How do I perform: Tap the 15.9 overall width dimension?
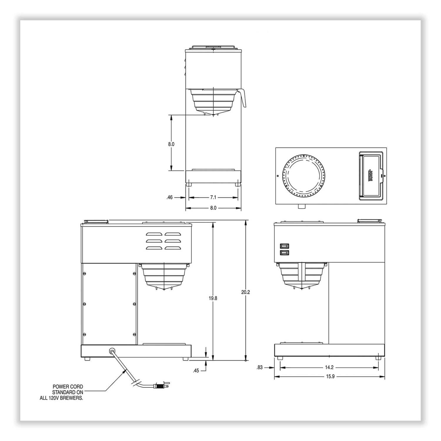click(x=330, y=376)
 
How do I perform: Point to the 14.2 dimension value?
click(x=330, y=367)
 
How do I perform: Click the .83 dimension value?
click(x=260, y=367)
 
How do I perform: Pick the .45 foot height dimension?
click(x=196, y=371)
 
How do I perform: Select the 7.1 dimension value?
click(x=213, y=198)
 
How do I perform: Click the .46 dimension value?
click(x=169, y=198)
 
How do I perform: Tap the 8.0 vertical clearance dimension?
click(x=171, y=144)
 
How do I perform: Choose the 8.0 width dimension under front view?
click(x=213, y=208)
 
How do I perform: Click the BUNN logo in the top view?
click(x=371, y=176)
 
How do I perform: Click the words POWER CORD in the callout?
click(x=68, y=387)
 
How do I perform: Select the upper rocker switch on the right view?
click(x=284, y=246)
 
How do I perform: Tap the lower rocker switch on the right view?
click(x=284, y=253)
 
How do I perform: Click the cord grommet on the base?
click(x=112, y=351)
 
